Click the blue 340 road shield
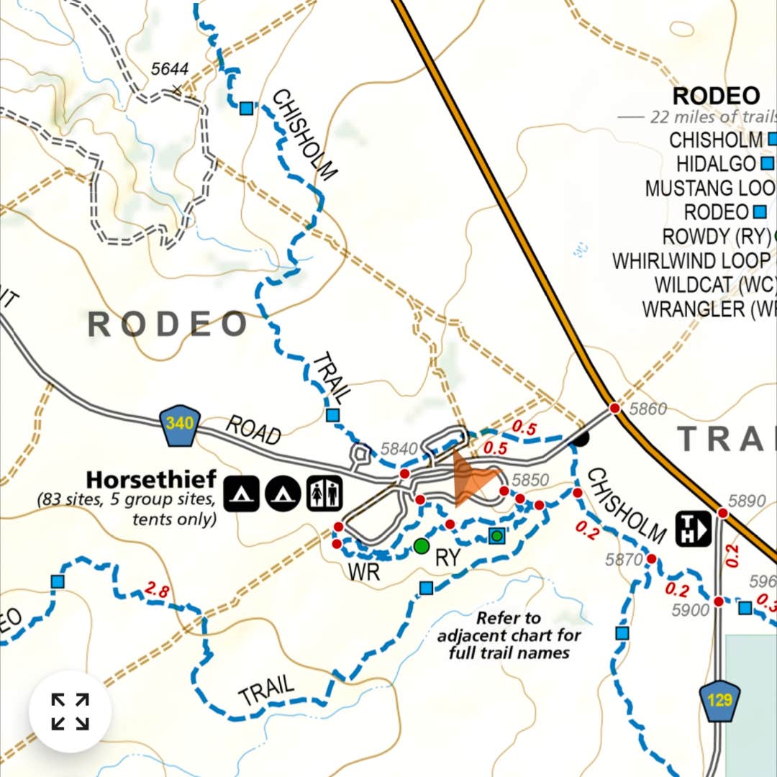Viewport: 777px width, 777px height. pos(179,424)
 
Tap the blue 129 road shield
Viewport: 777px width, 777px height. pos(719,700)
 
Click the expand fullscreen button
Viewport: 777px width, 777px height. pos(70,712)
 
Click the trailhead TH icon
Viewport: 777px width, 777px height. pos(694,529)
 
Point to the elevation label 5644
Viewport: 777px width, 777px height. pos(170,69)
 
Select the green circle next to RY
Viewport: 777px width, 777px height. pos(422,546)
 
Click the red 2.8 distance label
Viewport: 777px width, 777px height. pos(157,591)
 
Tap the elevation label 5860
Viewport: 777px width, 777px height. pos(647,409)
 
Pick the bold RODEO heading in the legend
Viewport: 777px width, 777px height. pos(716,96)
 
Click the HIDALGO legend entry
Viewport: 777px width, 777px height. pos(716,163)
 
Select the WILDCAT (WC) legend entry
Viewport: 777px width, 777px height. pos(714,284)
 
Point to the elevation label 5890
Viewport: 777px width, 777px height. pos(747,501)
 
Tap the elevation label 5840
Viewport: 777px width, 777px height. pos(399,449)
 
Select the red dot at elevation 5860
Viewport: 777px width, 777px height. pos(614,408)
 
